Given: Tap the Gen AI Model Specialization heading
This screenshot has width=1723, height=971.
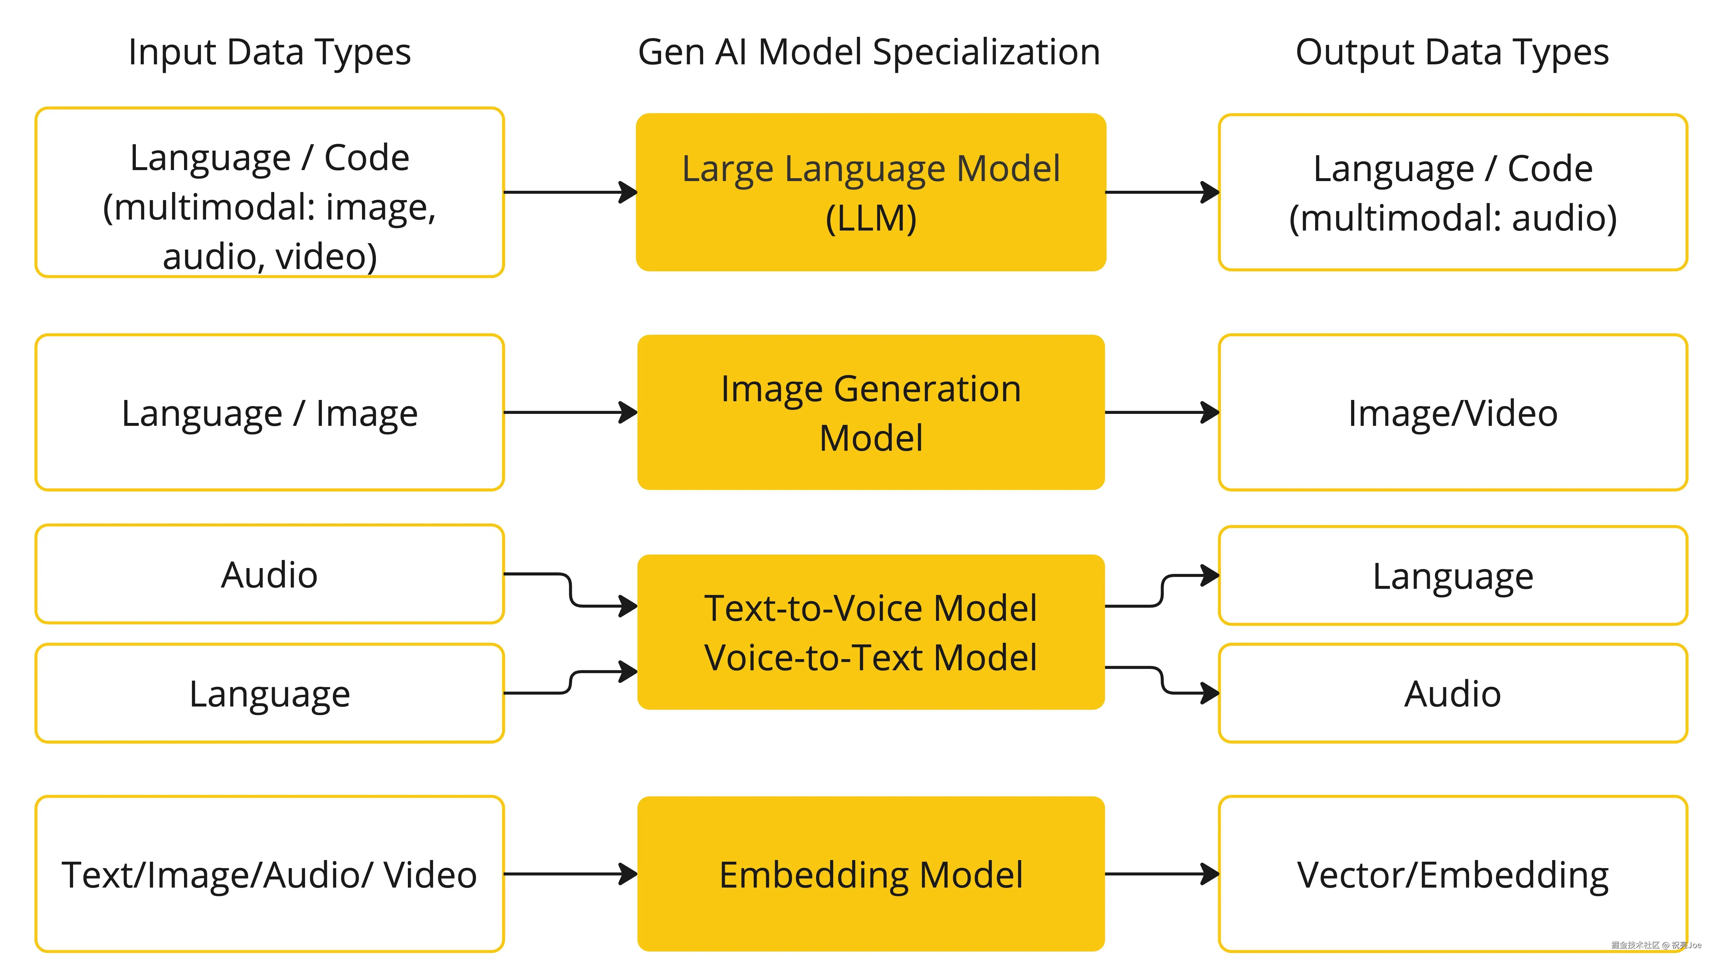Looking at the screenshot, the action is [x=869, y=52].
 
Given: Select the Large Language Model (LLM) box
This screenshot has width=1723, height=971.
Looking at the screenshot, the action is [x=871, y=193].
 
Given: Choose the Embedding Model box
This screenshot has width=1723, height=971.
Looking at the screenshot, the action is [x=871, y=874].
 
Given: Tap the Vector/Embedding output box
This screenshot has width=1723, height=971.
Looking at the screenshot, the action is [x=1453, y=874].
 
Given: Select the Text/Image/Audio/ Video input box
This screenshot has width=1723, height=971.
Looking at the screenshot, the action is [x=269, y=874].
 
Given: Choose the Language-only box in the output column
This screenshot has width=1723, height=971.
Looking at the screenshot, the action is [x=1453, y=576].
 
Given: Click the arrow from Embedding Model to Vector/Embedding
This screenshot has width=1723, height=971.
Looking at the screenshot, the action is [x=1162, y=874].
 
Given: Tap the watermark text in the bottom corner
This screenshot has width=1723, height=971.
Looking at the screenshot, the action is [x=1656, y=945].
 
